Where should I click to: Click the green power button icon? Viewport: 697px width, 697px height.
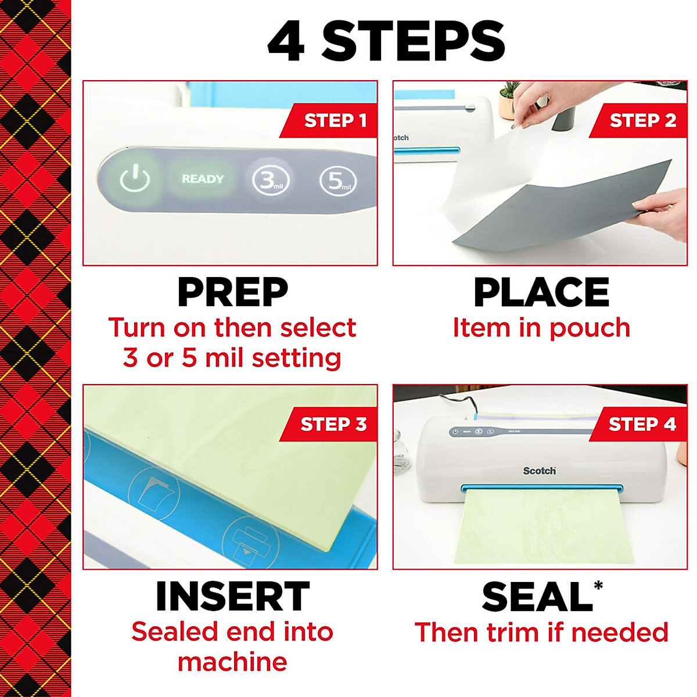[x=135, y=178]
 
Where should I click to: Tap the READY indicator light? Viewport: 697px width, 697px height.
[x=202, y=179]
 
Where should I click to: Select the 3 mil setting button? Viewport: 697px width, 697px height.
[x=271, y=181]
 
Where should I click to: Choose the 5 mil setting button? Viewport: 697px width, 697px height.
[x=338, y=181]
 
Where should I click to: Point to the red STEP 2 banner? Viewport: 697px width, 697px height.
[x=640, y=121]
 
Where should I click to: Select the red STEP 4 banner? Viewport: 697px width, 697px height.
[x=640, y=425]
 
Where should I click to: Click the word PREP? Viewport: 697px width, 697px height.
[x=232, y=292]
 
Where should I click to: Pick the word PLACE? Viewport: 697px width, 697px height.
[x=541, y=292]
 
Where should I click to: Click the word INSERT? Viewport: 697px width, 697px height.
[x=232, y=597]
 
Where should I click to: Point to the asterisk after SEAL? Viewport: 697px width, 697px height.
[x=598, y=585]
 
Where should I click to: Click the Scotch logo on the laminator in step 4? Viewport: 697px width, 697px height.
[x=539, y=470]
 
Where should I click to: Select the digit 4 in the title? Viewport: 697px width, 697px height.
[x=286, y=42]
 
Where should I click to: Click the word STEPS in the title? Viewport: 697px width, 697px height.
[x=413, y=42]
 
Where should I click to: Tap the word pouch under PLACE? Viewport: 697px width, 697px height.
[x=589, y=329]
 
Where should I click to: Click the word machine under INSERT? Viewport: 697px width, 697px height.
[x=232, y=662]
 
